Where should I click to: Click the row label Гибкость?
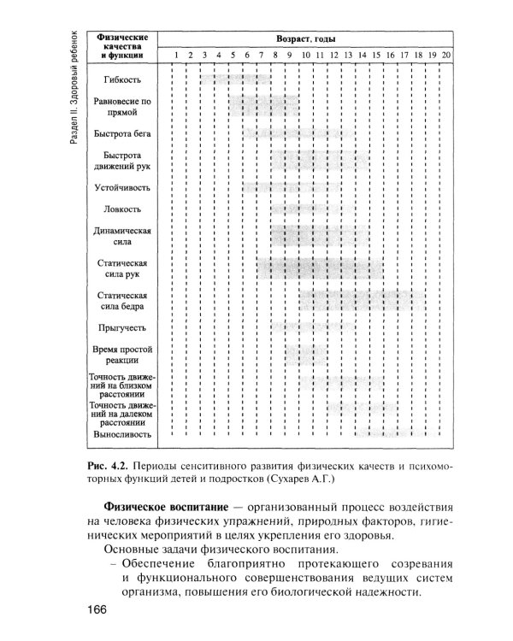(123, 79)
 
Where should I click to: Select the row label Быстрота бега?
(123, 133)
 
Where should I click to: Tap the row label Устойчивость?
(123, 187)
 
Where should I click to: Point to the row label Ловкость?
(123, 209)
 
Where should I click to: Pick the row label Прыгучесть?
(123, 327)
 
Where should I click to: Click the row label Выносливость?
(123, 435)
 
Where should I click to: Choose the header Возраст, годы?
(304, 39)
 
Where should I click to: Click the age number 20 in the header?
(446, 56)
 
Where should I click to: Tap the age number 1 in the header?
(174, 56)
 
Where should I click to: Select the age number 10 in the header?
(304, 56)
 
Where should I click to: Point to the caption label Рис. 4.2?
(108, 466)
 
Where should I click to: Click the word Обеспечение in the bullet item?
(157, 562)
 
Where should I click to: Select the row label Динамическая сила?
(123, 236)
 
